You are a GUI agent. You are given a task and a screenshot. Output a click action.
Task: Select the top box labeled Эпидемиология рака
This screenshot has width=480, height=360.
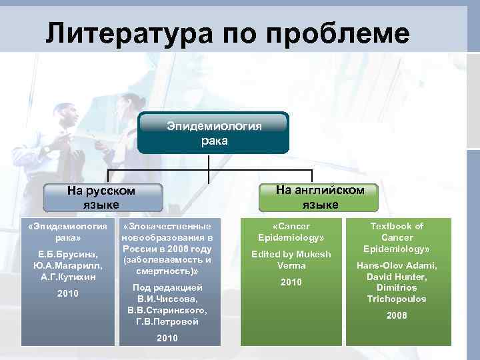214,133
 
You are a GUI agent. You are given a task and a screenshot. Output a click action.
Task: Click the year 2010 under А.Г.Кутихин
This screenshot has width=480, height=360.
67,294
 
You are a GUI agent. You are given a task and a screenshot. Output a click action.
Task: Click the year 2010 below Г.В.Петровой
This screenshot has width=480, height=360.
167,339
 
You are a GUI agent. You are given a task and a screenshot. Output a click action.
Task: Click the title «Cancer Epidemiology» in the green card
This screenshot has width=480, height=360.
291,232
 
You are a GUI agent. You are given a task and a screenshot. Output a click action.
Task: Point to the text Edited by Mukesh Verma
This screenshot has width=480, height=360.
291,260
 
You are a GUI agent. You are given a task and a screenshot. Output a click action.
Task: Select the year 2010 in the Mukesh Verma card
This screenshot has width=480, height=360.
291,283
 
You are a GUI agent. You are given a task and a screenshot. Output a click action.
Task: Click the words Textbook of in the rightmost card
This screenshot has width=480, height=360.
397,227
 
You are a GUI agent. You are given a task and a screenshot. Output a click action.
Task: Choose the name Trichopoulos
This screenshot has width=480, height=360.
397,299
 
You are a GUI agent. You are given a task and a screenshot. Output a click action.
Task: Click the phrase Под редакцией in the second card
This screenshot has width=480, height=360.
169,287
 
